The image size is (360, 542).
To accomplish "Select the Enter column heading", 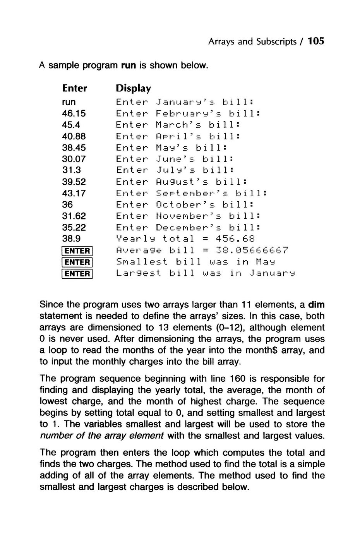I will point(74,89).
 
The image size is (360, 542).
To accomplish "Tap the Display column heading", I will point(133,89).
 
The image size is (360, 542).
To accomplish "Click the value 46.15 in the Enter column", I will point(74,113).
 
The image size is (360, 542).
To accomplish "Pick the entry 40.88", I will point(74,136).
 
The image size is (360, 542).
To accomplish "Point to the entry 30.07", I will point(74,159).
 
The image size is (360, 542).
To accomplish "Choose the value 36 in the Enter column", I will point(67,205).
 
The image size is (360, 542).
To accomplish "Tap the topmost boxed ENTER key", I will point(77,251).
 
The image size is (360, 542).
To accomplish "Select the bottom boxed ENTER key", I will point(77,274).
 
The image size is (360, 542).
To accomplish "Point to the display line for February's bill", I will point(187,113).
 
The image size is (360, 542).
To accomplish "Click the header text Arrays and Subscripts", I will point(252,41).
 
